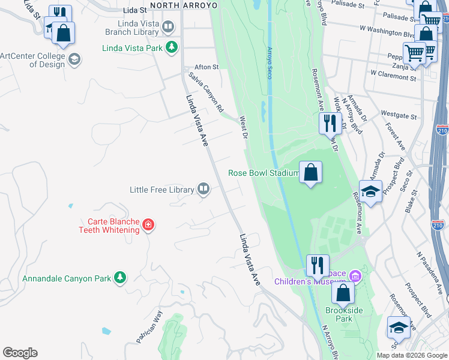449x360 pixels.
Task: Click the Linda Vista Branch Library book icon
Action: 169,27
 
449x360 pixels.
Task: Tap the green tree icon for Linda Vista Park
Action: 172,46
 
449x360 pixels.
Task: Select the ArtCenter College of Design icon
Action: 74,59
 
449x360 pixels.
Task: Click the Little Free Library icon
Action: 204,190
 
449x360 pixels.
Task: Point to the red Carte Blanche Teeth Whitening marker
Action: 148,225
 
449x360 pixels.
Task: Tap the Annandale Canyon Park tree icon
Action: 121,277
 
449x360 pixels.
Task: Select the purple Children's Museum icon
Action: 355,276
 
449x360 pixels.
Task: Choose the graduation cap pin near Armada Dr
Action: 371,192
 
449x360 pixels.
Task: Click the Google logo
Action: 20,353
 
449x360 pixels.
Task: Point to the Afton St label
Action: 206,67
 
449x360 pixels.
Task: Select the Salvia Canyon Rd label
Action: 206,93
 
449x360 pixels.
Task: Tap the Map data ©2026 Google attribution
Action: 411,355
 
